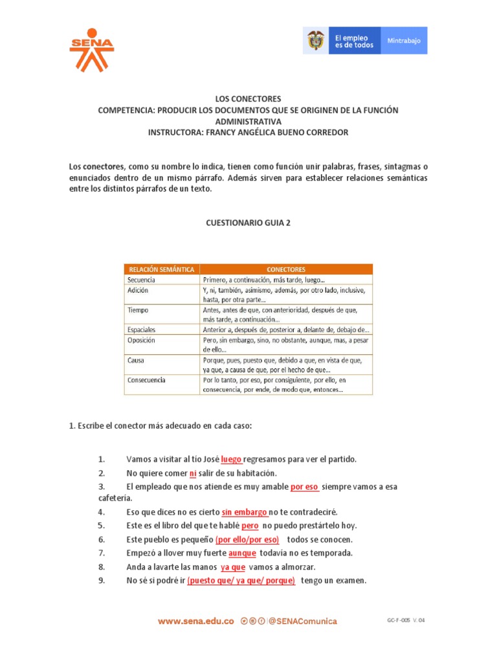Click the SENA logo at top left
[91, 49]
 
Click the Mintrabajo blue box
[404, 41]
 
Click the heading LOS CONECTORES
[248, 99]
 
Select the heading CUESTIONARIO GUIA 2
[248, 221]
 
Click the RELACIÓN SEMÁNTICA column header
[161, 269]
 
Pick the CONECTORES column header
[286, 269]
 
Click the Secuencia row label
[142, 279]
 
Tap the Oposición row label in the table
[142, 340]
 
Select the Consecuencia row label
[147, 379]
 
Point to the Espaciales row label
[142, 330]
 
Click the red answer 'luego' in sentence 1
[231, 459]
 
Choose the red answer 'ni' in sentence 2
[193, 473]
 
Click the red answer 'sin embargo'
[245, 512]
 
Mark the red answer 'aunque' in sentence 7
[242, 553]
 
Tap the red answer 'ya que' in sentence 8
[232, 567]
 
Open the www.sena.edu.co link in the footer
[195, 621]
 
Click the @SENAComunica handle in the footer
[303, 621]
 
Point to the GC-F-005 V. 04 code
[406, 620]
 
